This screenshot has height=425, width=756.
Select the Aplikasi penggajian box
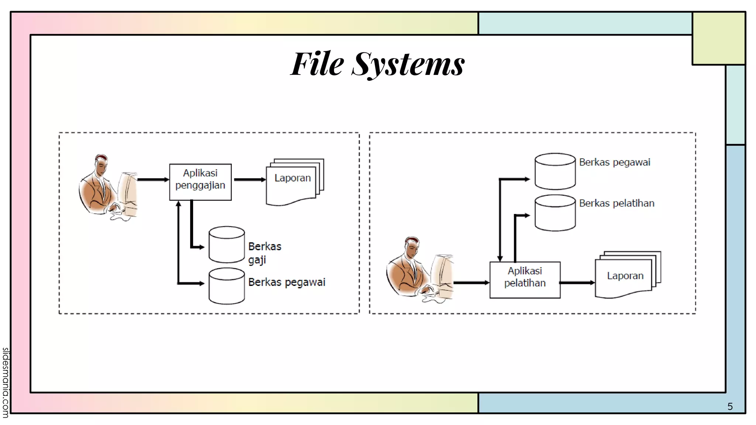pyautogui.click(x=200, y=182)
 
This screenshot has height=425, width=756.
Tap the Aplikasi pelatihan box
pyautogui.click(x=525, y=280)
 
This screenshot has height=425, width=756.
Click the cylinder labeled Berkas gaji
pyautogui.click(x=227, y=245)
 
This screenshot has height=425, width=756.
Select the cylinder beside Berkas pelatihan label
pyautogui.click(x=555, y=213)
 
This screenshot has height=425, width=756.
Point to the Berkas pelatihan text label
pyautogui.click(x=616, y=203)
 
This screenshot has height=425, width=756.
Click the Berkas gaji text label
pyautogui.click(x=264, y=253)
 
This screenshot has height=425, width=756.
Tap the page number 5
pyautogui.click(x=730, y=407)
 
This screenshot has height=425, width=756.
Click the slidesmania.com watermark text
pyautogui.click(x=6, y=382)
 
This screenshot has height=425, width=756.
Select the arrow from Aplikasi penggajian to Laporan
pyautogui.click(x=250, y=180)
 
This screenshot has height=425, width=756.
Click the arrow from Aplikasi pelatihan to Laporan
pyautogui.click(x=577, y=283)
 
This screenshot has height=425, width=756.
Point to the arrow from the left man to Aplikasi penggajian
pyautogui.click(x=153, y=180)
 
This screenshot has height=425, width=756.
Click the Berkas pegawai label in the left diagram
pyautogui.click(x=286, y=282)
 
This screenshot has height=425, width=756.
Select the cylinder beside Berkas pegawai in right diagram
pyautogui.click(x=555, y=172)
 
